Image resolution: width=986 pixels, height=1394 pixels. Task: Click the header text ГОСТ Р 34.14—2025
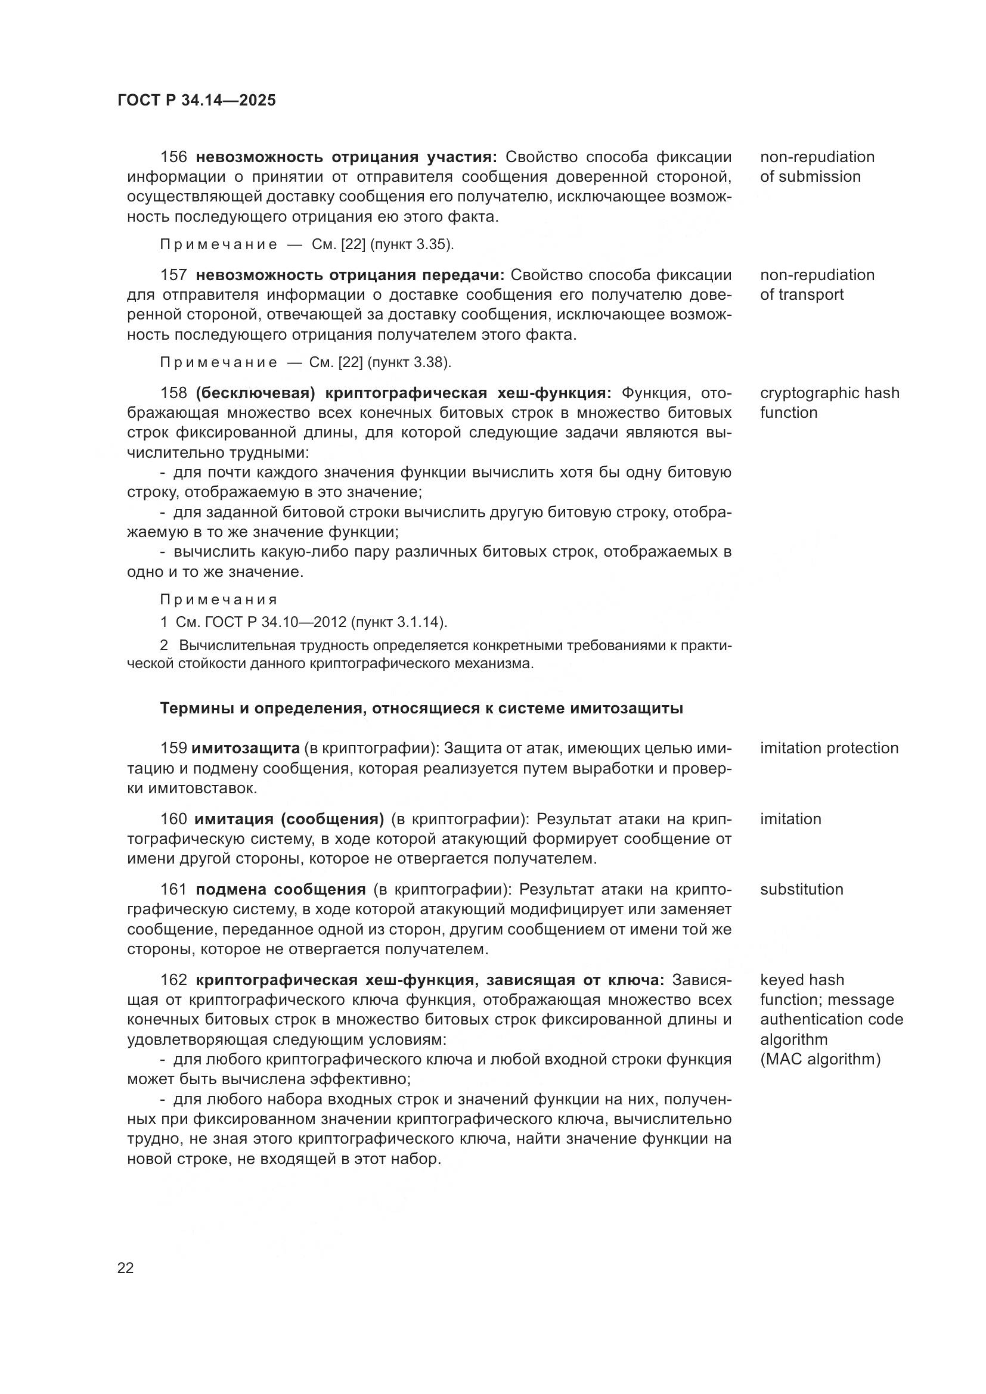point(196,100)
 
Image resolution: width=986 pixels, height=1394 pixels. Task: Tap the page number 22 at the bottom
point(126,1268)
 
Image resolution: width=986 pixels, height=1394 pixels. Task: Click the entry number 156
point(173,157)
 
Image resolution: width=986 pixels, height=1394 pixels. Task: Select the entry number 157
point(173,275)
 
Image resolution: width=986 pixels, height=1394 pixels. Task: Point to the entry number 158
point(173,393)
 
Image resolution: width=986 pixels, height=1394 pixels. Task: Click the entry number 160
point(173,819)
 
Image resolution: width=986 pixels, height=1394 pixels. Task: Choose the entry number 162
point(173,980)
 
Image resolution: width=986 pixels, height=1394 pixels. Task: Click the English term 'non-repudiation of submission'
point(817,167)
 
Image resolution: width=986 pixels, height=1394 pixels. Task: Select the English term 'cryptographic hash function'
point(829,402)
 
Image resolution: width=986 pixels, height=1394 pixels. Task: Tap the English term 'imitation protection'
point(829,748)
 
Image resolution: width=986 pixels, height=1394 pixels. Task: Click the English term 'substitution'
point(801,889)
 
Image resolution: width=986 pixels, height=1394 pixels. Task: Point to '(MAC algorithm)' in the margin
point(820,1060)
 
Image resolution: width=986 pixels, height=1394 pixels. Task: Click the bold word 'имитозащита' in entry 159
point(245,749)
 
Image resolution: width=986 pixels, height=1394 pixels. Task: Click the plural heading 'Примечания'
point(219,600)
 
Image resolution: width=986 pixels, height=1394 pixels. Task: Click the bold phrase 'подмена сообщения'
point(281,890)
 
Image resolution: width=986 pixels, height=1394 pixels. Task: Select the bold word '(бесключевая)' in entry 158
point(255,393)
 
